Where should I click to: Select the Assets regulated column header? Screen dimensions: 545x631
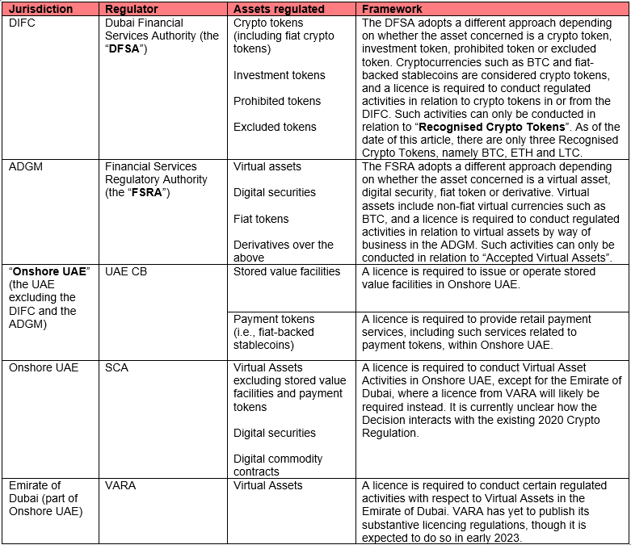pyautogui.click(x=279, y=9)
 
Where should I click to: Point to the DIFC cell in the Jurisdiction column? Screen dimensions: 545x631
pyautogui.click(x=23, y=23)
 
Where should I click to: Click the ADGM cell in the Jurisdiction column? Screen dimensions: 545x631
pyautogui.click(x=24, y=166)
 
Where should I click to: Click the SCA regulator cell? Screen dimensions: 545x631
pyautogui.click(x=116, y=367)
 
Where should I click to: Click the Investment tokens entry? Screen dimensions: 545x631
pyautogui.click(x=279, y=75)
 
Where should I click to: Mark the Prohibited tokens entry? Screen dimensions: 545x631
pyautogui.click(x=277, y=101)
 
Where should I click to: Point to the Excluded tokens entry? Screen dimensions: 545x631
pyautogui.click(x=275, y=127)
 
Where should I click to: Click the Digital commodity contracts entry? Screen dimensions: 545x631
pyautogui.click(x=279, y=465)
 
